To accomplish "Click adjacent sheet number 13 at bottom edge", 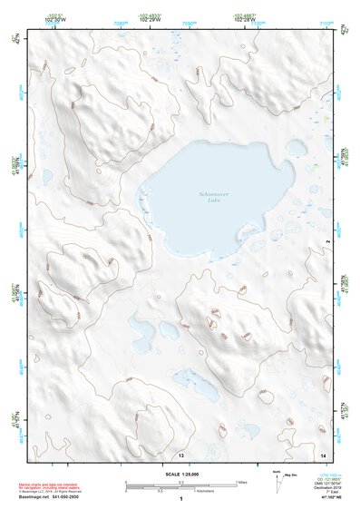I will click(x=181, y=454).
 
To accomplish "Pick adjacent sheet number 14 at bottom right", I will click(x=323, y=453).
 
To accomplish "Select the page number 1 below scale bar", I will click(x=180, y=499).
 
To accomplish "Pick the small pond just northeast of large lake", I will click(x=296, y=146).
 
